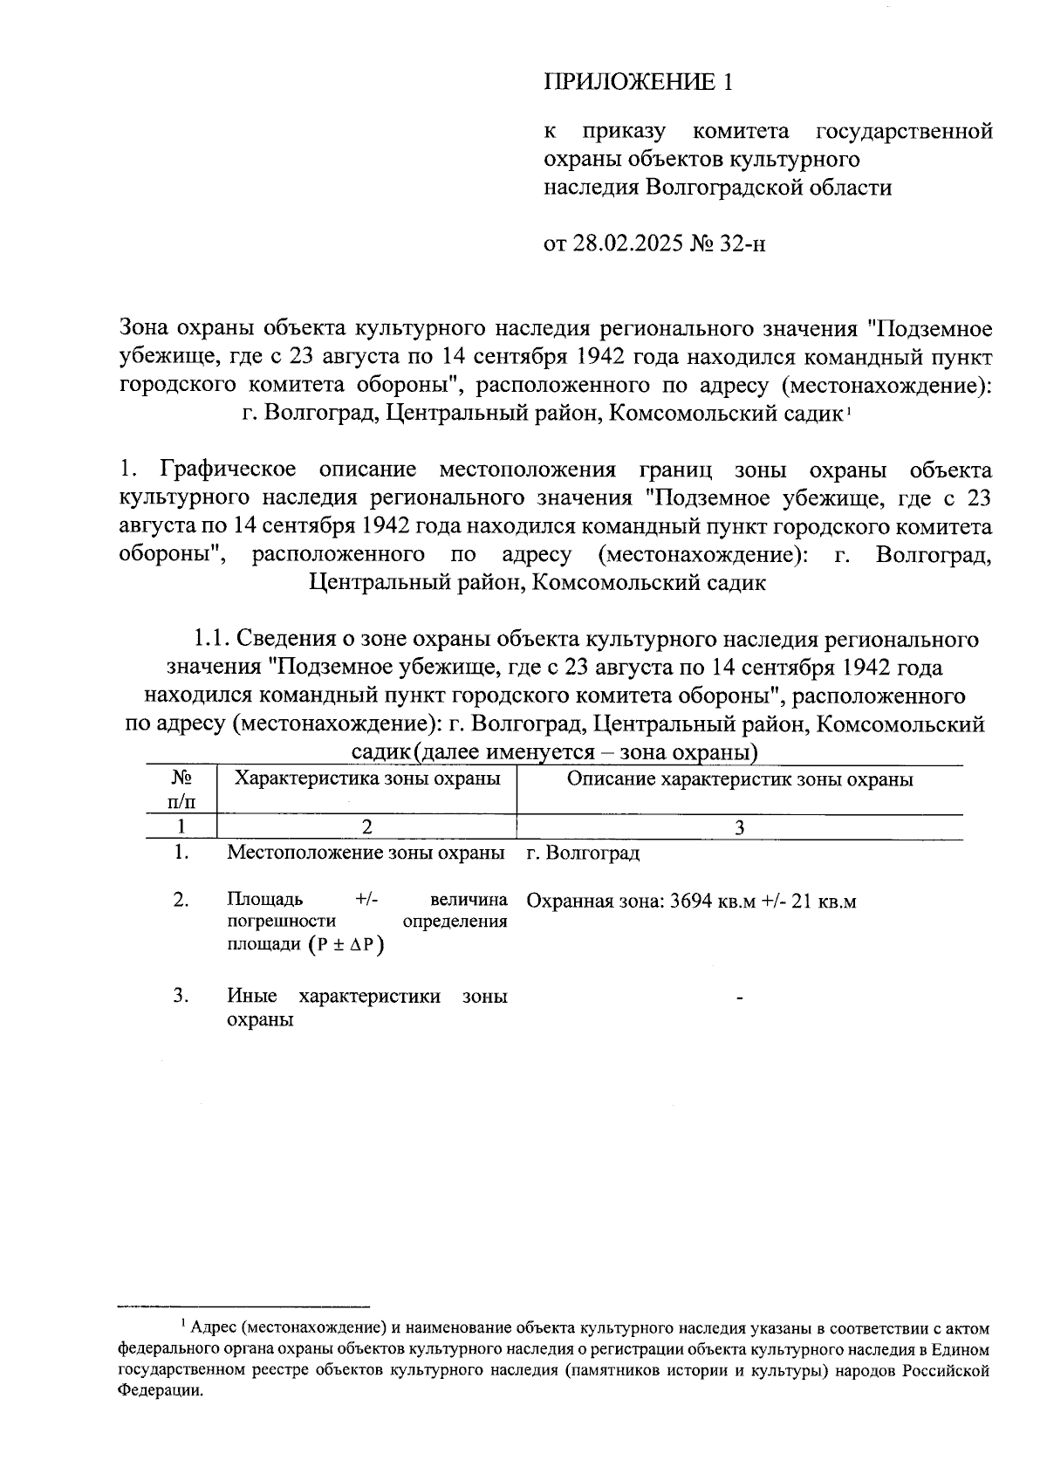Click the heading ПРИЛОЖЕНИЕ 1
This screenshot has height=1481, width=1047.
[x=638, y=82]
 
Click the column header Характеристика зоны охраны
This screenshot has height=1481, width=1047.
[x=367, y=778]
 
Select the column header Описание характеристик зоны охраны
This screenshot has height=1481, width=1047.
[x=740, y=778]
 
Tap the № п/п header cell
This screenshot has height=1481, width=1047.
[x=181, y=788]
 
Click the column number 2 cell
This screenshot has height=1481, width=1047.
[x=366, y=827]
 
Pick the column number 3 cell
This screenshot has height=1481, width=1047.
[x=740, y=827]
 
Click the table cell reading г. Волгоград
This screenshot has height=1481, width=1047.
[x=583, y=854]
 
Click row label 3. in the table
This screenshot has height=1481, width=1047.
[x=181, y=996]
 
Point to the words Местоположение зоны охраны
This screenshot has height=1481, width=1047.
[x=366, y=853]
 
